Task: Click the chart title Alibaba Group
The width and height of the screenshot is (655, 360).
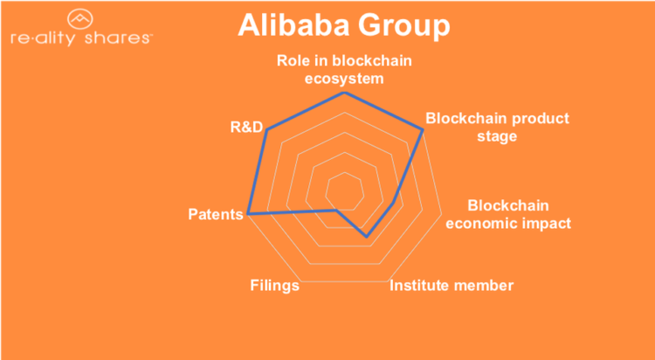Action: coord(344,24)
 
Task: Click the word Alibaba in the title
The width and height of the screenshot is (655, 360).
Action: coord(293,24)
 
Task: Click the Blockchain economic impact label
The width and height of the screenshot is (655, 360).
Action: coord(508,214)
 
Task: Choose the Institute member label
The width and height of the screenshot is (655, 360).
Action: coord(451,286)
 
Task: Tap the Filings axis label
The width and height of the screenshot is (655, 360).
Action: coord(274,286)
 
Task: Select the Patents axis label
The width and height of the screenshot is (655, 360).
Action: coord(215,214)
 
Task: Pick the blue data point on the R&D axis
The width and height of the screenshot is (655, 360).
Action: coord(267,129)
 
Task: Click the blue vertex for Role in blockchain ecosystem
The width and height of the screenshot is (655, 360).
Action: coord(344,92)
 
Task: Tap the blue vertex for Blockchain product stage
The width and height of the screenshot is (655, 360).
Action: coord(423,130)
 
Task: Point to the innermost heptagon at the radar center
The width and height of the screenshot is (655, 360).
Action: coord(344,190)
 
